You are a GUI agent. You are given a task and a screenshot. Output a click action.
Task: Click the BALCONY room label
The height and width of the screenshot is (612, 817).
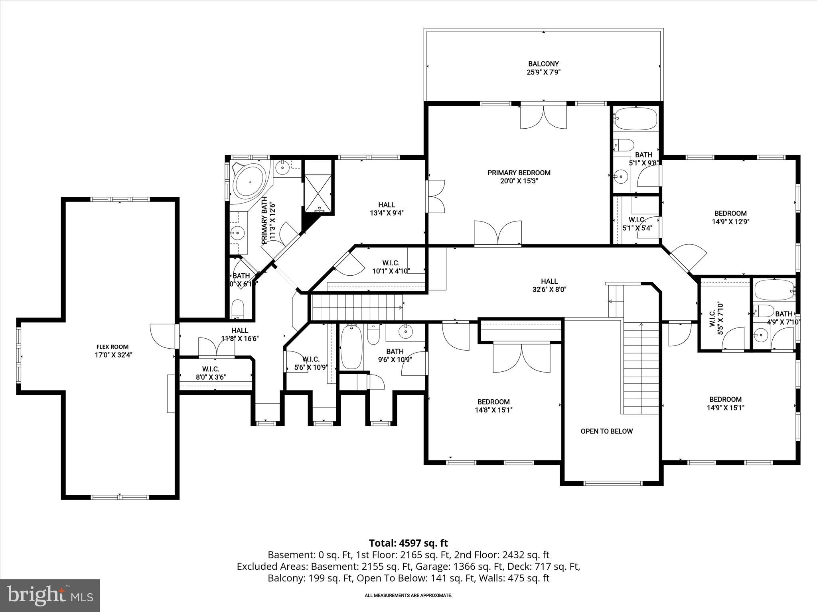543,64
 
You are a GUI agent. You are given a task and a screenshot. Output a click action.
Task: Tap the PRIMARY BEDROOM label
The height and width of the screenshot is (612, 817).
519,173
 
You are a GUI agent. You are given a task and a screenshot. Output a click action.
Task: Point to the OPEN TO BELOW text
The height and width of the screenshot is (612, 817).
606,431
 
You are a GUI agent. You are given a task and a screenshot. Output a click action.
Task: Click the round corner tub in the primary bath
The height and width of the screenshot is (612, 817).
249,182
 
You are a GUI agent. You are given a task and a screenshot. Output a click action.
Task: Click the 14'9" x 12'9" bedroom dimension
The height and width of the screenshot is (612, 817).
730,222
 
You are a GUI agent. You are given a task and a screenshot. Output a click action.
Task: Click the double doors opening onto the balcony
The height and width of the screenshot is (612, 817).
543,117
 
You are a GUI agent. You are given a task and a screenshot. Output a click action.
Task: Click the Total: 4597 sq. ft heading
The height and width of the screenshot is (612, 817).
408,543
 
